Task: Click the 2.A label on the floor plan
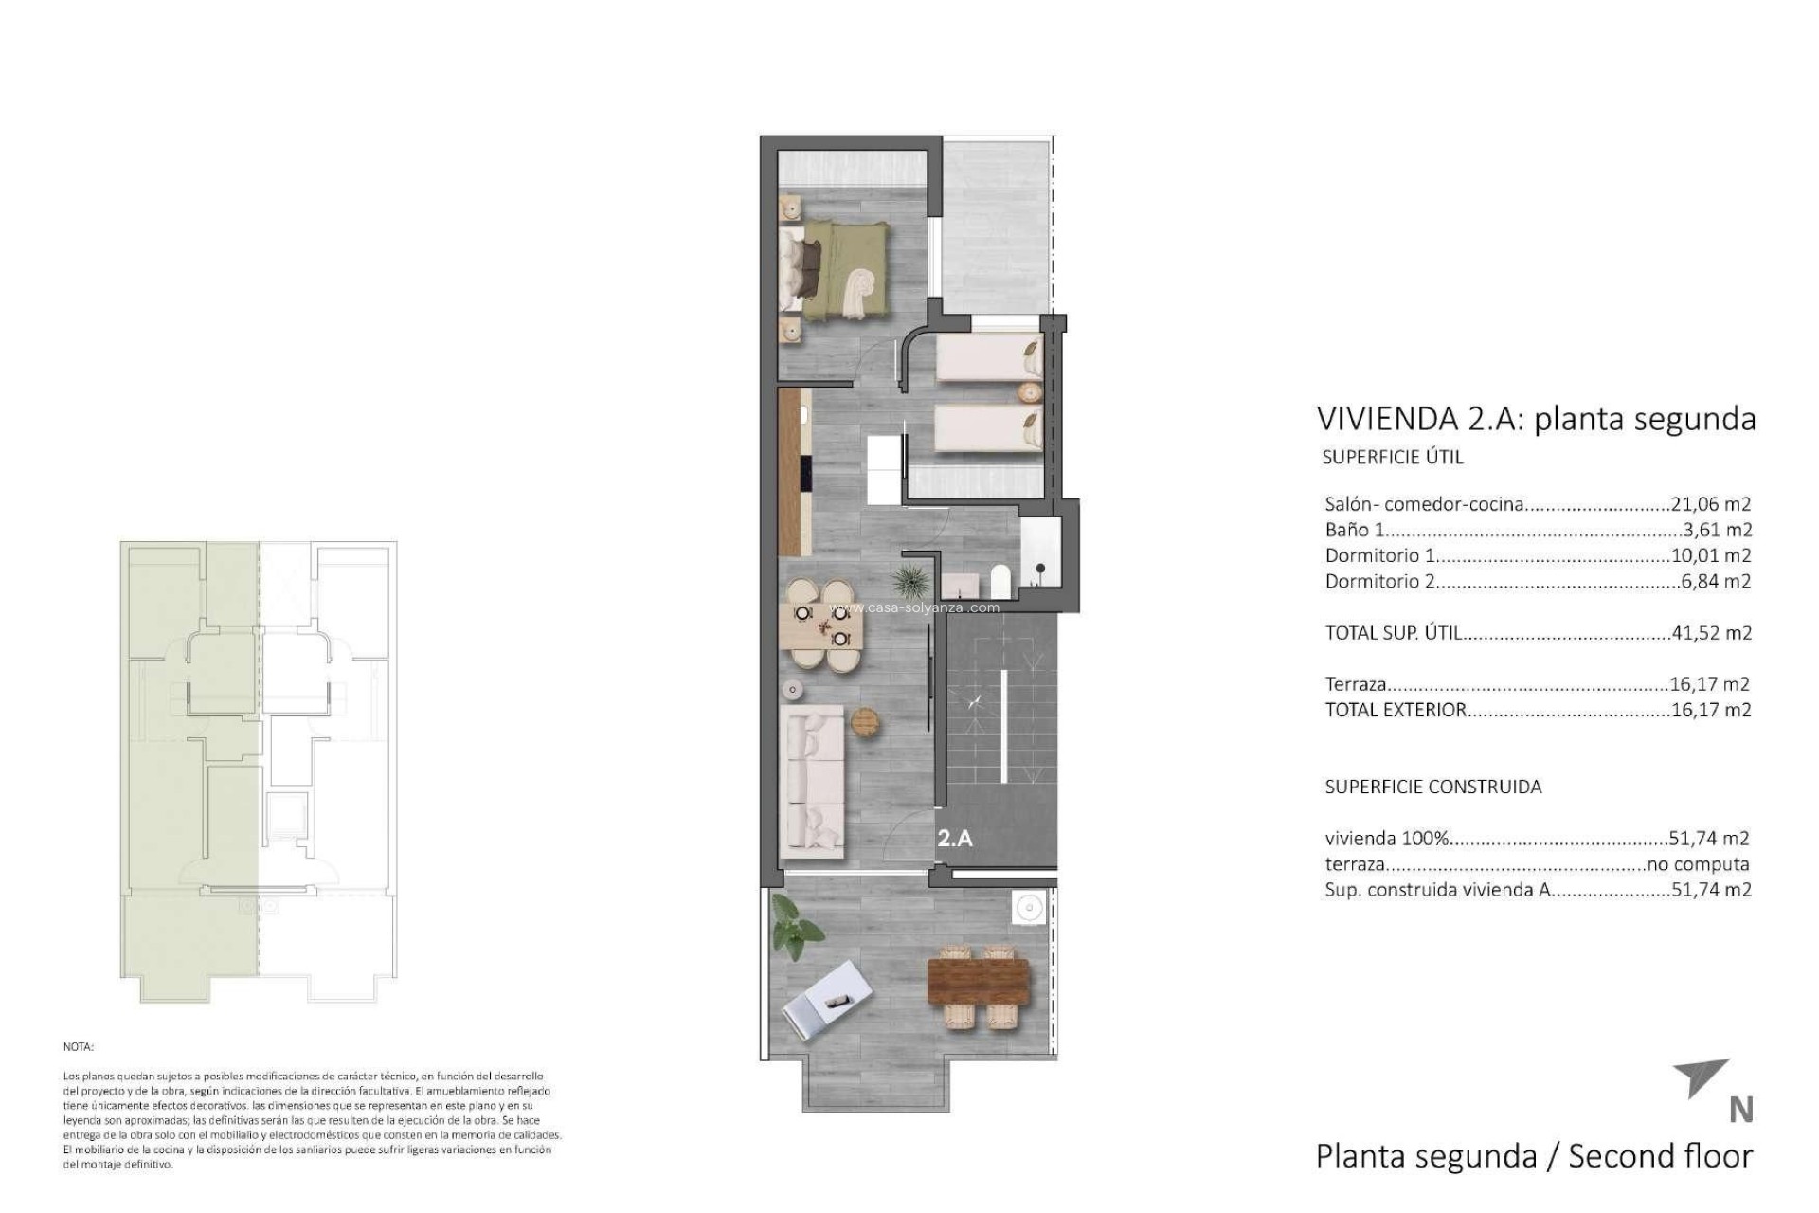pos(955,838)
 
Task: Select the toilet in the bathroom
pos(999,579)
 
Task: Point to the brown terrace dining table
pos(976,982)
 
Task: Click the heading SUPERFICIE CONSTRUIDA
pos(1432,787)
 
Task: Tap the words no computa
pos(1698,864)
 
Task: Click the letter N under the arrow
pos(1740,1110)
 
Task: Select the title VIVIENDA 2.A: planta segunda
pos(1536,419)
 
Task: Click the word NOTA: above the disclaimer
pos(79,1047)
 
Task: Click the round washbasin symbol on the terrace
pos(1027,909)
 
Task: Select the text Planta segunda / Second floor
pos(1534,1156)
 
